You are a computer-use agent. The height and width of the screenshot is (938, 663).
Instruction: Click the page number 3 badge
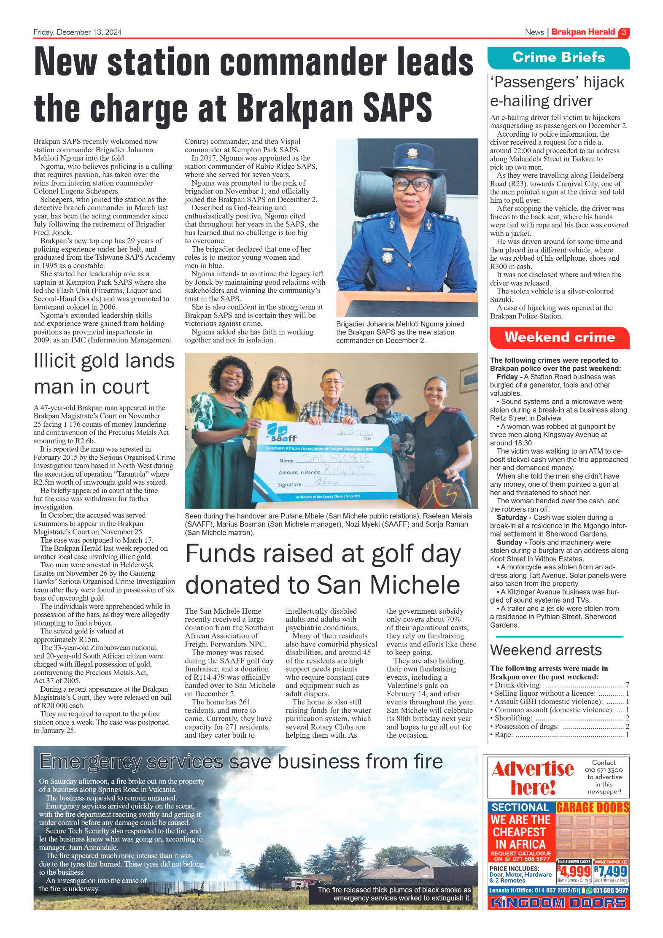pyautogui.click(x=623, y=32)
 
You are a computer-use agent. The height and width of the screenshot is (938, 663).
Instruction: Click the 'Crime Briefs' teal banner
pyautogui.click(x=558, y=58)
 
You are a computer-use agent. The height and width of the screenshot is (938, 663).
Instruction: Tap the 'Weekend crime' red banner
pyautogui.click(x=559, y=337)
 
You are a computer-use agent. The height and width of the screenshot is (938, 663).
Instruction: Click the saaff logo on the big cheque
pyautogui.click(x=282, y=433)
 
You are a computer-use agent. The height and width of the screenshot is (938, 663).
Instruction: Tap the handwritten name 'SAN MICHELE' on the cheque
pyautogui.click(x=336, y=458)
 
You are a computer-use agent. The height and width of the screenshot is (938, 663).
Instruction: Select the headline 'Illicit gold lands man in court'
pyautogui.click(x=104, y=374)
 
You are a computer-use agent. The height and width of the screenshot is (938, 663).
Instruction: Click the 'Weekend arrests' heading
pyautogui.click(x=546, y=650)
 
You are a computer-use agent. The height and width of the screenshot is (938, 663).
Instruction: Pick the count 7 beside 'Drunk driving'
pyautogui.click(x=627, y=685)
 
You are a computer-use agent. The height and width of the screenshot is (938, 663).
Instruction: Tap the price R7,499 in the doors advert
pyautogui.click(x=610, y=871)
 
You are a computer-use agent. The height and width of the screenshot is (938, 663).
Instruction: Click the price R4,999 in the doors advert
pyautogui.click(x=574, y=871)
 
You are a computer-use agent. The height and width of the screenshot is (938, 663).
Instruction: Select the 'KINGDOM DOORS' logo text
pyautogui.click(x=558, y=903)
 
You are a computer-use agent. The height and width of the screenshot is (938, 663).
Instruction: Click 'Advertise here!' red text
pyautogui.click(x=533, y=778)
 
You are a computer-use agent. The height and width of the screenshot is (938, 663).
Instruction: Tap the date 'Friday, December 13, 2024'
pyautogui.click(x=78, y=32)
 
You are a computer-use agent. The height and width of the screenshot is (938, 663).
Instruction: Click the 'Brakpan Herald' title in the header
pyautogui.click(x=583, y=32)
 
